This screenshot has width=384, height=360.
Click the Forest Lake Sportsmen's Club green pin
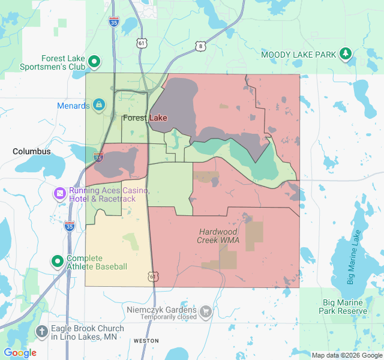pyautogui.click(x=94, y=61)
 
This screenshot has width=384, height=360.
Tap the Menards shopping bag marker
pyautogui.click(x=99, y=106)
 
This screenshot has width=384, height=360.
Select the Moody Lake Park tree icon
pyautogui.click(x=346, y=55)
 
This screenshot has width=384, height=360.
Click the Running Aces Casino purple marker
pyautogui.click(x=60, y=193)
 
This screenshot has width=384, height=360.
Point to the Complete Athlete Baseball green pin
pyautogui.click(x=58, y=262)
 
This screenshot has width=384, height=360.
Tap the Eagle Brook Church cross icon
pyautogui.click(x=42, y=331)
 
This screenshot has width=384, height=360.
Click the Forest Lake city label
pyautogui.click(x=145, y=118)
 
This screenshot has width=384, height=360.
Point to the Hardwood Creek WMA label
pyautogui.click(x=218, y=236)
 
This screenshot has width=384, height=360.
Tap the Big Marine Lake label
pyautogui.click(x=352, y=257)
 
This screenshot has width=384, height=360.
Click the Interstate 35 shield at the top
pyautogui.click(x=114, y=22)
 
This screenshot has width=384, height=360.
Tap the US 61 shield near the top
pyautogui.click(x=141, y=43)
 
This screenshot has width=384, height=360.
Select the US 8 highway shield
pyautogui.click(x=200, y=46)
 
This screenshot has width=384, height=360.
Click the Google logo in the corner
pyautogui.click(x=20, y=353)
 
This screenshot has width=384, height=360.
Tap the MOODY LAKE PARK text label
pyautogui.click(x=299, y=55)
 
